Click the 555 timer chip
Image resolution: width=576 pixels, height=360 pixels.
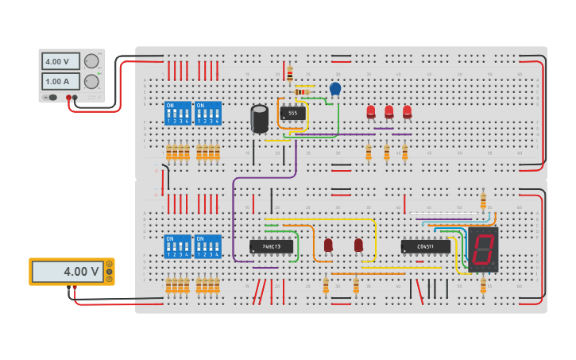292,114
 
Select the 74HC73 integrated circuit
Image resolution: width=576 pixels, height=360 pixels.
271,246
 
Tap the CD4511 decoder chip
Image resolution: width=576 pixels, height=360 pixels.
425,246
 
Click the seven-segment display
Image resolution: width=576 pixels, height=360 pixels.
483,250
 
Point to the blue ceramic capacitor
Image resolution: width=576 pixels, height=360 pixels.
335,88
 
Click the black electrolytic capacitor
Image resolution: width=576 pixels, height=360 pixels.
260,119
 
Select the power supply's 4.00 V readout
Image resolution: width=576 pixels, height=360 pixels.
61,61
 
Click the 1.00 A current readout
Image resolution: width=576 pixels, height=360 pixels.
61,81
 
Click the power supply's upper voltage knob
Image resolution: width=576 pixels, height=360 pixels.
92,61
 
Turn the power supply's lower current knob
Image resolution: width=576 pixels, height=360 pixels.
92,81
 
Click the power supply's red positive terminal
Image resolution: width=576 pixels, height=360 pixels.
69,98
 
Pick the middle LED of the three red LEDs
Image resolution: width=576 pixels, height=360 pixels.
389,112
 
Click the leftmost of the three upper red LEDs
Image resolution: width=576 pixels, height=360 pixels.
371,112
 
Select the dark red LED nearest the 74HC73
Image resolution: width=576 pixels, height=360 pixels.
328,245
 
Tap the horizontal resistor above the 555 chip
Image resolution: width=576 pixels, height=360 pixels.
302,92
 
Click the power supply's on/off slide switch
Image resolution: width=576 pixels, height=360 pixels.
52,98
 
